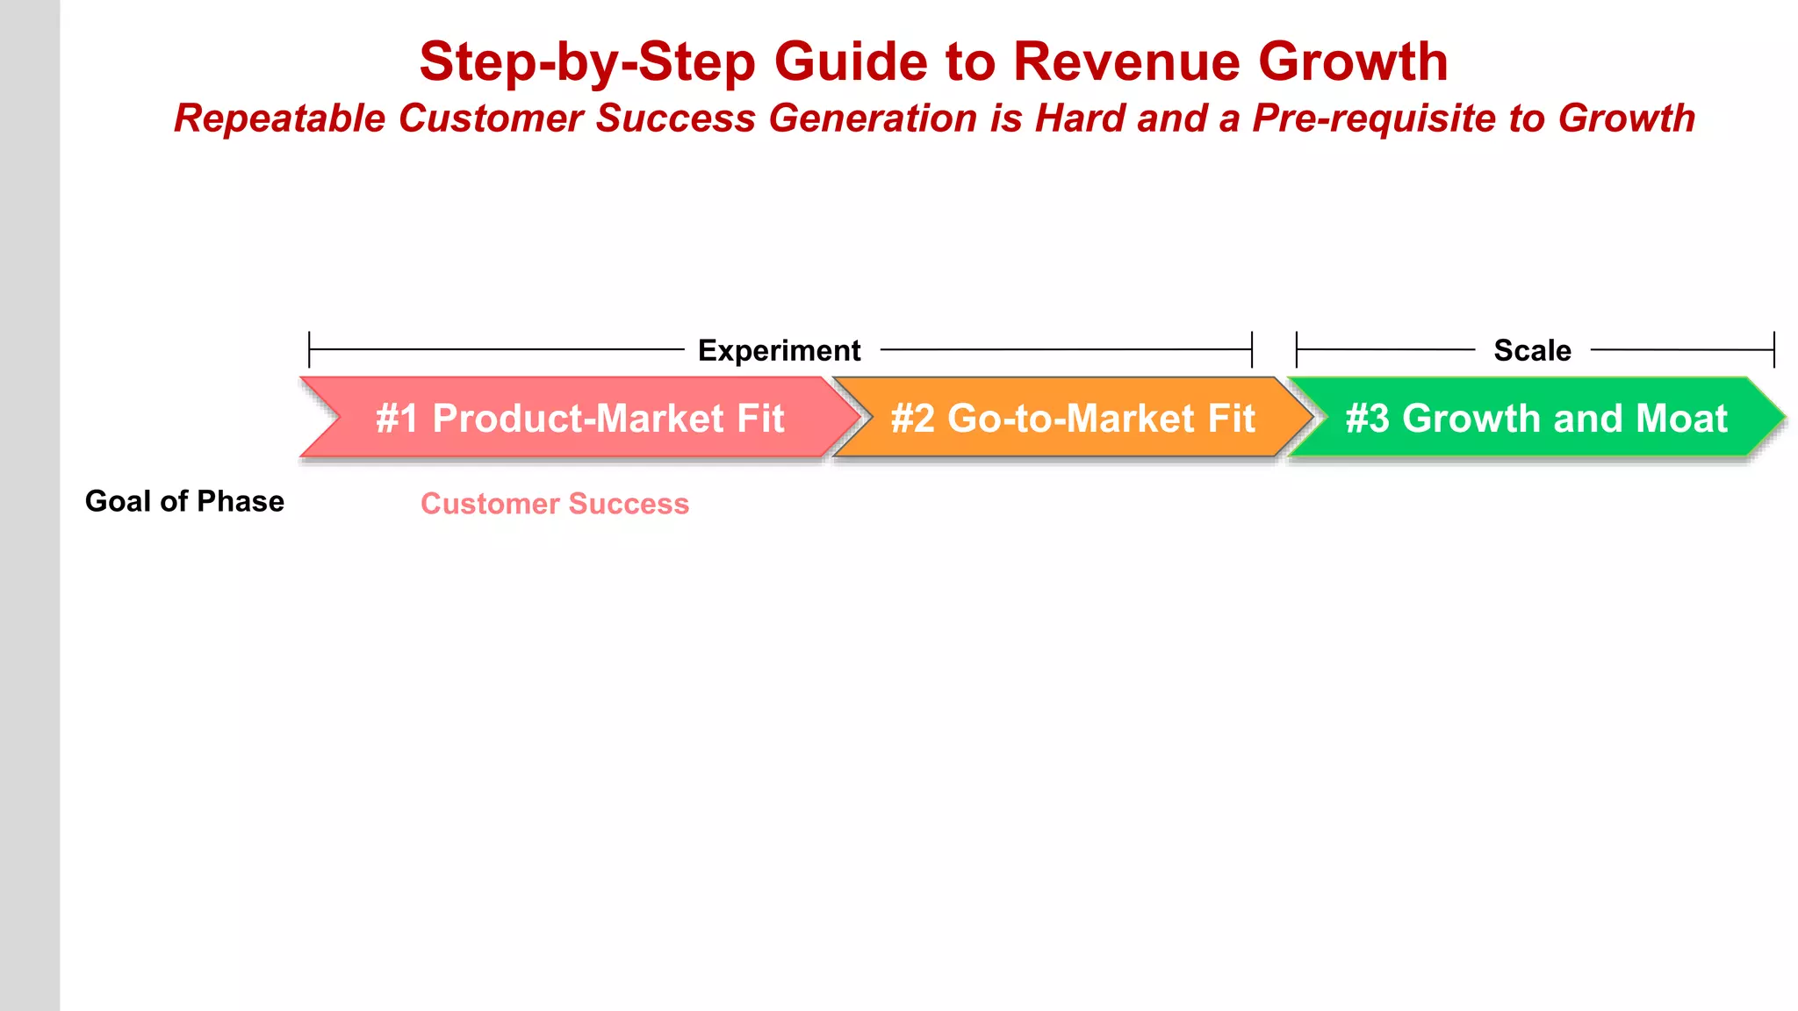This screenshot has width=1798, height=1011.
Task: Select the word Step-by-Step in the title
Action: [x=586, y=62]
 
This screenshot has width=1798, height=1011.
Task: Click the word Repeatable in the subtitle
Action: [x=279, y=118]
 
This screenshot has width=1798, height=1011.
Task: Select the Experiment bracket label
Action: [x=779, y=350]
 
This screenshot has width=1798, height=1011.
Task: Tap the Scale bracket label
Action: [x=1532, y=350]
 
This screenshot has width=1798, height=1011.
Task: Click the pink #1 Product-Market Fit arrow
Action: [x=579, y=418]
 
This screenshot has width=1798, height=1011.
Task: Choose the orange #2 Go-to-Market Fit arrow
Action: [x=1072, y=418]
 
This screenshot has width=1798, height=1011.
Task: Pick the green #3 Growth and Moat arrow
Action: [x=1536, y=418]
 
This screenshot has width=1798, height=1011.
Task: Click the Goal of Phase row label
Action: [x=184, y=501]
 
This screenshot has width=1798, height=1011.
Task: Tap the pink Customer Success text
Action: [x=555, y=504]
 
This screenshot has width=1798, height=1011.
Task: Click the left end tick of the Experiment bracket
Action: [x=309, y=349]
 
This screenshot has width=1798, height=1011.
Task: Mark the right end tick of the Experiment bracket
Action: [x=1252, y=349]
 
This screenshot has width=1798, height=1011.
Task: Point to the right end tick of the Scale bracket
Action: [x=1774, y=349]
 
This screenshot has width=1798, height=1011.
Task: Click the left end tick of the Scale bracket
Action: [x=1297, y=349]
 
